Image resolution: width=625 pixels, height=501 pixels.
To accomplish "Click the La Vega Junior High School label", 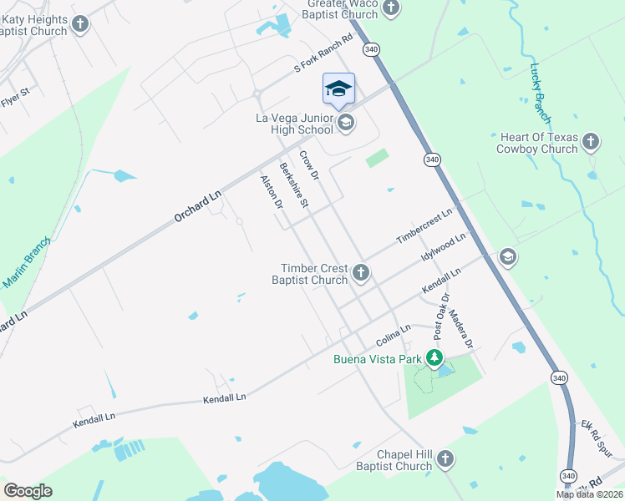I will click(293, 124).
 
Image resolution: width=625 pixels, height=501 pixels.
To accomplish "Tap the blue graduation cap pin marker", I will click(338, 90).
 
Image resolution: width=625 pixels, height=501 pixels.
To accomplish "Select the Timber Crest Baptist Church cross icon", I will click(361, 272).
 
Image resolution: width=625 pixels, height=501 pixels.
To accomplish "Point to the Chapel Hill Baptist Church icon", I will click(445, 458).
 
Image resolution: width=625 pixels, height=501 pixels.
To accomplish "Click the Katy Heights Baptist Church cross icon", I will click(80, 23).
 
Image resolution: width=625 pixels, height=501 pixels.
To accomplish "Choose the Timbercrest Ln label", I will click(424, 226).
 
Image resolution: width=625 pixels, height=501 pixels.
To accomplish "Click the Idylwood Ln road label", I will click(443, 248).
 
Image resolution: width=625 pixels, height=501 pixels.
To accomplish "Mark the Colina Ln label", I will click(394, 336).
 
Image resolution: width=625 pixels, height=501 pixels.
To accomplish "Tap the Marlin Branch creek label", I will click(27, 262).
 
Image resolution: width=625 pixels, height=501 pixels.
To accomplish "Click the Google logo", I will click(28, 491).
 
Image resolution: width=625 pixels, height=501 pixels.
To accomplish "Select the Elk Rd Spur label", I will click(596, 436).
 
